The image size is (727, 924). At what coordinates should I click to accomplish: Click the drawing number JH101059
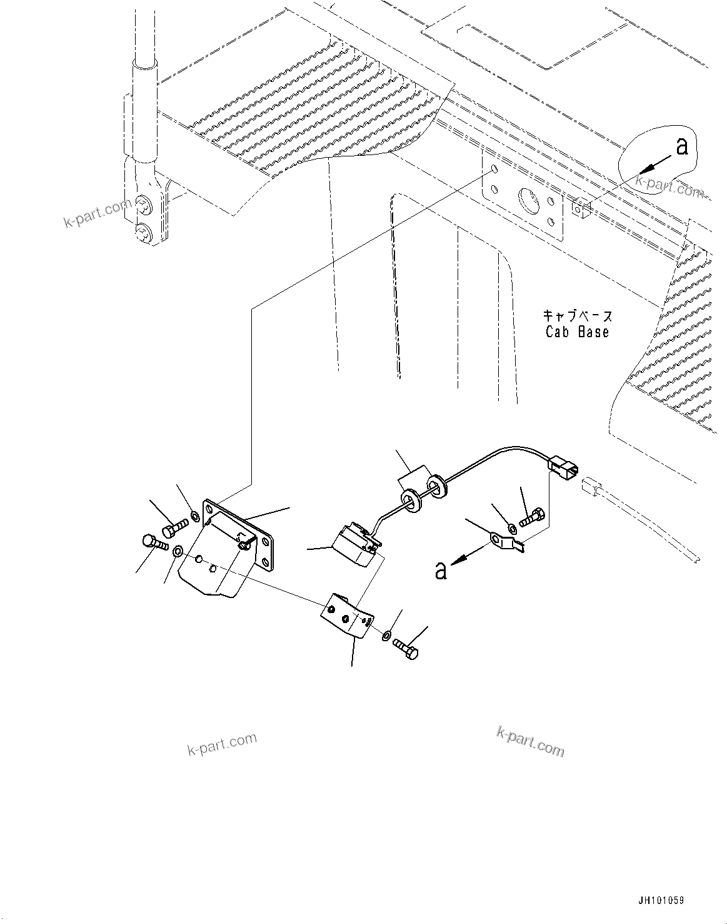(660, 900)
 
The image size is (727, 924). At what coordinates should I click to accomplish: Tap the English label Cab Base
(577, 332)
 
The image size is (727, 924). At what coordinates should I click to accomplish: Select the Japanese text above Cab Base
(577, 316)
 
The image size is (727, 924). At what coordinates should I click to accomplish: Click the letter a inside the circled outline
(681, 146)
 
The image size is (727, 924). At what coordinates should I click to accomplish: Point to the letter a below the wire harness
(441, 570)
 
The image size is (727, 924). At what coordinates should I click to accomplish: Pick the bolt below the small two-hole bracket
(406, 651)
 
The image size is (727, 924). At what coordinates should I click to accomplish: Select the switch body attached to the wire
(353, 542)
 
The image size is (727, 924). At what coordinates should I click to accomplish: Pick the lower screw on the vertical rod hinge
(143, 233)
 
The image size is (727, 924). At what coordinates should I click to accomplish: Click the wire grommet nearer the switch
(409, 500)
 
